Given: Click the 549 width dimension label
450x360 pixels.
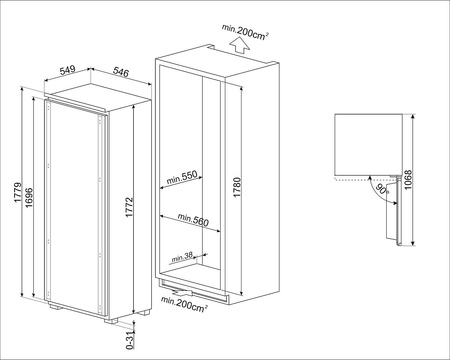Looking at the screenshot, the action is pos(68,70).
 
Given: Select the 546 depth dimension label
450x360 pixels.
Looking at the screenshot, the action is pos(121,72).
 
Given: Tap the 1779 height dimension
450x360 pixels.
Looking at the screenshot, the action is pos(18,193).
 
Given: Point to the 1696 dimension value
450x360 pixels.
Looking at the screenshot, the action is pos(29,198).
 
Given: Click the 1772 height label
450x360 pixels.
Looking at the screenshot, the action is pos(129,207).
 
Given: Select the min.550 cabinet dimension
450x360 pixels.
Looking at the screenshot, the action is pos(182,178).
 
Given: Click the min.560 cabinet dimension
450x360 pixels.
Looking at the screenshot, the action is pos(193,220).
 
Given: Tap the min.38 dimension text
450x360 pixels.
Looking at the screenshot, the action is pos(182,257).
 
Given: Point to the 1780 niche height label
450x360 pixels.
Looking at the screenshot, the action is pos(237,187).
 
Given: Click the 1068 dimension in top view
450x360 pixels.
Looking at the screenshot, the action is pos(408,180).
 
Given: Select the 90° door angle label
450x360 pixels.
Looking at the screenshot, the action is pos(382,189).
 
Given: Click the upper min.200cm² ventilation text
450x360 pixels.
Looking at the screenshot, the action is pos(245,32).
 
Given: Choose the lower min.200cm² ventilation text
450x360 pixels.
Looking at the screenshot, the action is pos(184,304).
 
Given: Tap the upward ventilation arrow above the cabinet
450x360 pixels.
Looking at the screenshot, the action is pos(240,45).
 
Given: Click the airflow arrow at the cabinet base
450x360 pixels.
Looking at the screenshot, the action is pos(182,293).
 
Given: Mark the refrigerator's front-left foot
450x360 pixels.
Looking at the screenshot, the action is pos(54,306).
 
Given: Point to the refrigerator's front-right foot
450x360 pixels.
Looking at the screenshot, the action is pos(111,321).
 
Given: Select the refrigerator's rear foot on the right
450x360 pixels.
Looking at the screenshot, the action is pos(145,313).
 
